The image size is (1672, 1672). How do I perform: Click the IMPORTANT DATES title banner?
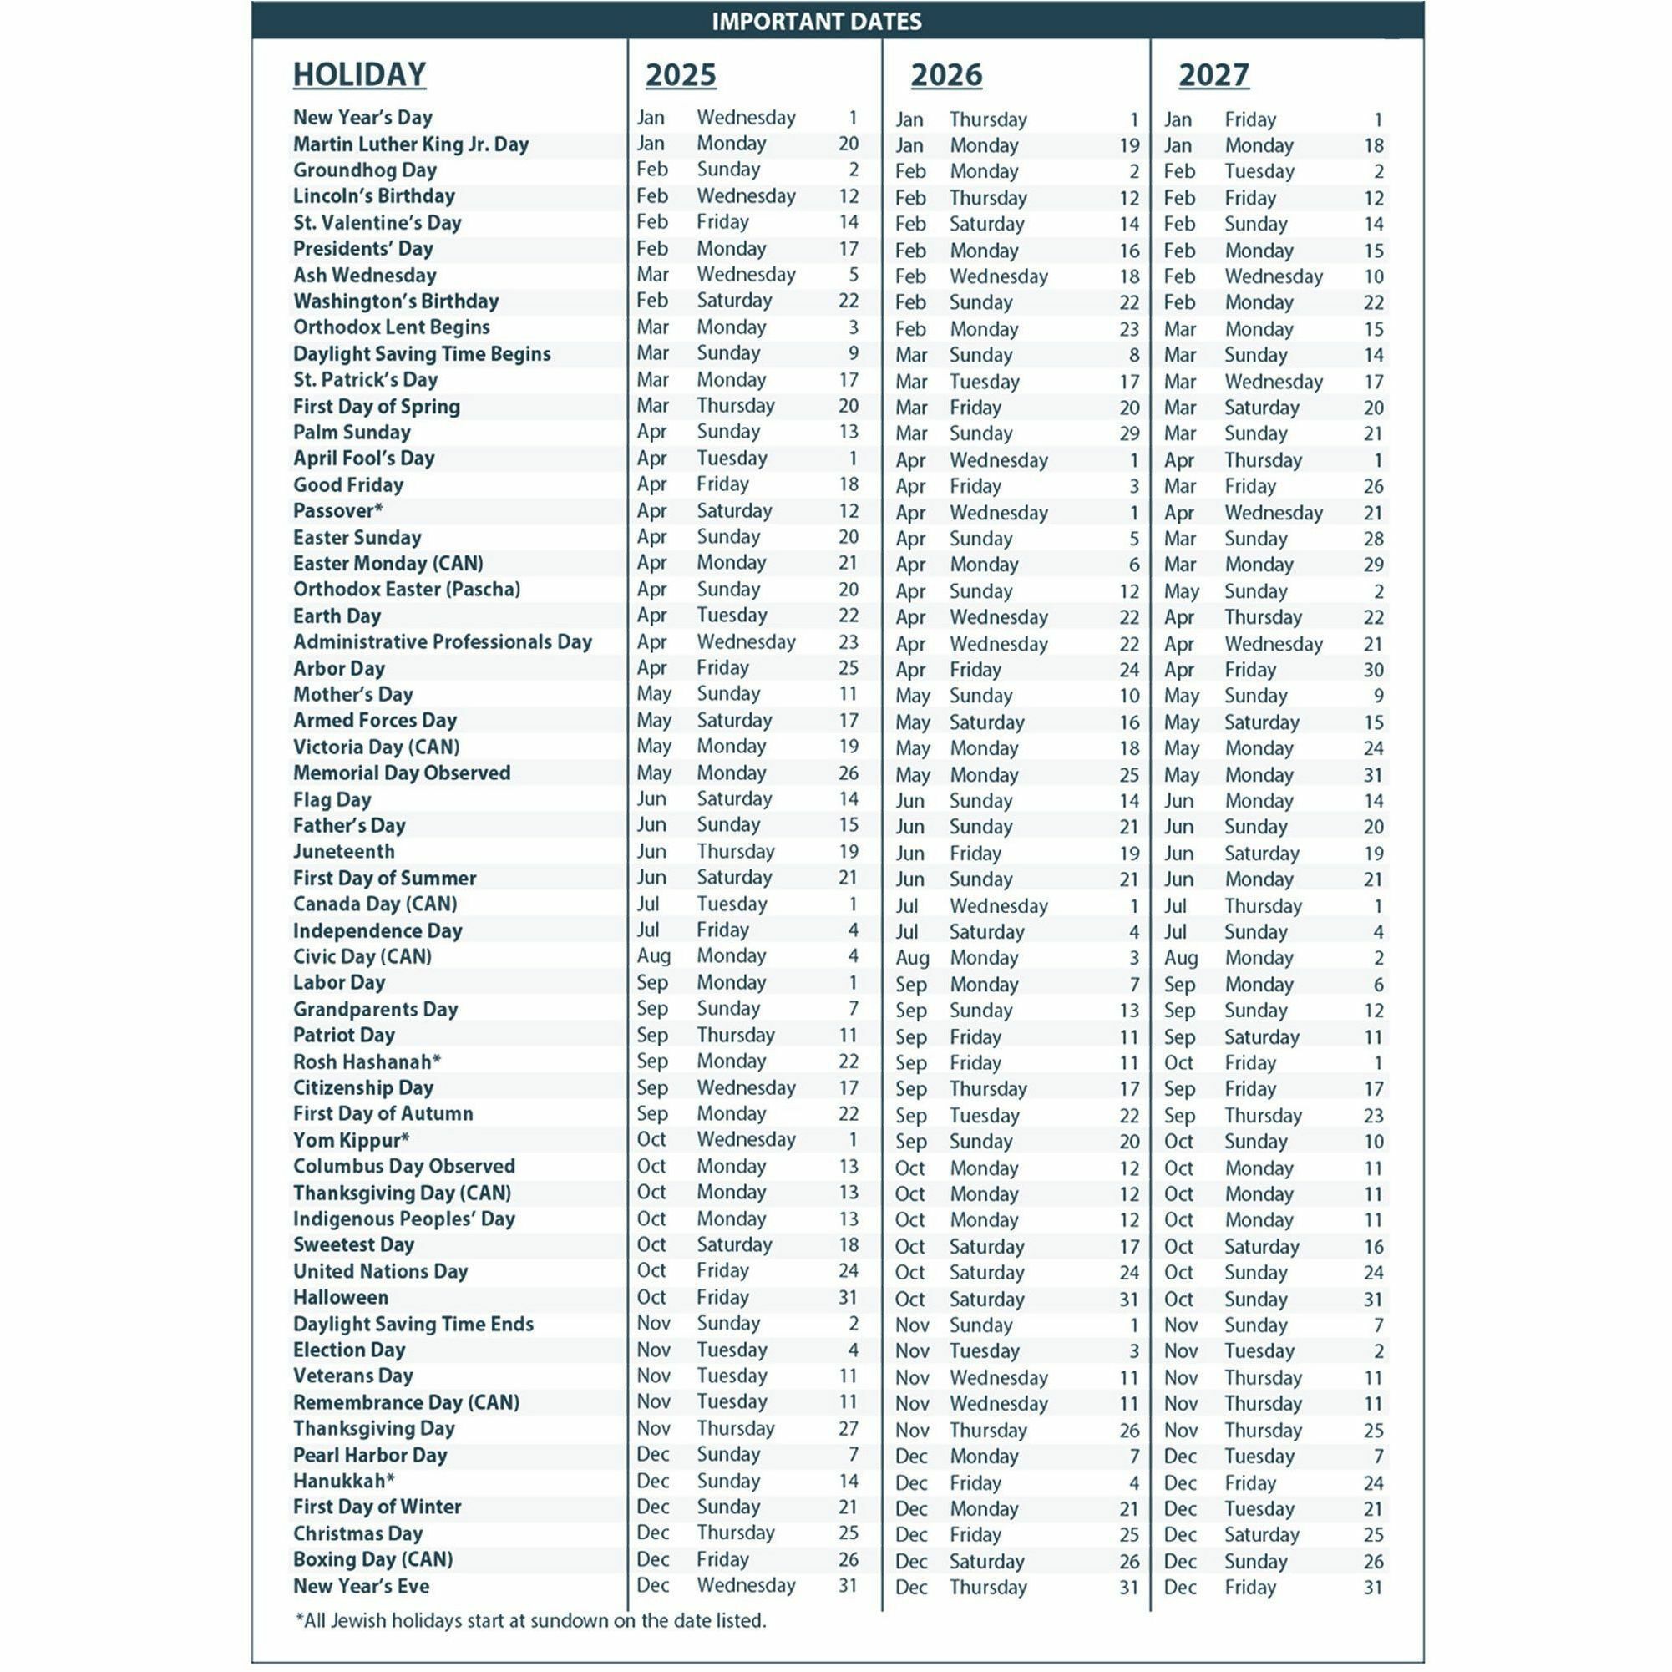[816, 21]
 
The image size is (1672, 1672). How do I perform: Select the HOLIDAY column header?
[359, 74]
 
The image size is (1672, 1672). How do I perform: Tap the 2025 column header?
[680, 75]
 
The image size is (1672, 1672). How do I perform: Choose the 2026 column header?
[946, 75]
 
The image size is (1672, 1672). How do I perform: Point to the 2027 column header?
[1213, 75]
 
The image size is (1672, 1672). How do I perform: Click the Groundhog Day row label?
[364, 170]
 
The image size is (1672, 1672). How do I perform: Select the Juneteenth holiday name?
[343, 852]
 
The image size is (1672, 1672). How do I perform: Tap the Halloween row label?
[340, 1297]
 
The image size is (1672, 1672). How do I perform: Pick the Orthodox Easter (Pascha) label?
[407, 590]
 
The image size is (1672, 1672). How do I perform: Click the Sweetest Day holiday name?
[353, 1244]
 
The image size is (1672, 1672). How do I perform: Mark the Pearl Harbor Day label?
[369, 1455]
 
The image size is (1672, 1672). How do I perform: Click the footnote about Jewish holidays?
[530, 1620]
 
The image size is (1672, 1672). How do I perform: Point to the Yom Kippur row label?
[351, 1140]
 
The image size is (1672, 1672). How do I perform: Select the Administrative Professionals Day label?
[443, 642]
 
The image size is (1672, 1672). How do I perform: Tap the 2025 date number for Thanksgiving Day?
[849, 1428]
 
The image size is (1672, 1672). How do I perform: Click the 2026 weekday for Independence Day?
[986, 932]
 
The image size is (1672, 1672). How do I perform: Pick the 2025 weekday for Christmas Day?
[736, 1533]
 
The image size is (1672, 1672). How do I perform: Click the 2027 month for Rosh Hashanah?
[1178, 1062]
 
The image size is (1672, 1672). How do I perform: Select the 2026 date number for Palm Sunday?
[1128, 433]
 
